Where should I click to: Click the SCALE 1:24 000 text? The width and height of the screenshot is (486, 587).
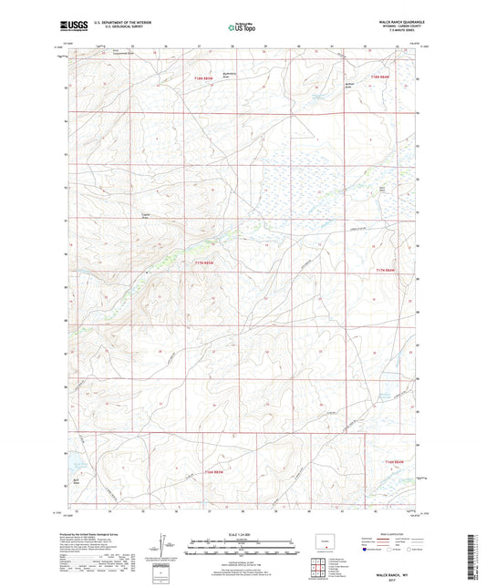point(243,534)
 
